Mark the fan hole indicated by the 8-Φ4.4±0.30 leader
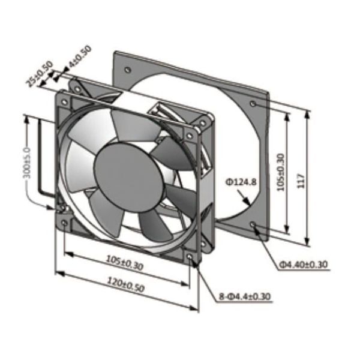[x=190, y=257]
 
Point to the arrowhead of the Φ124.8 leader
[x=248, y=202]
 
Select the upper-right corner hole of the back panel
[x=254, y=103]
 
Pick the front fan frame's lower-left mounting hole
[x=65, y=223]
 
